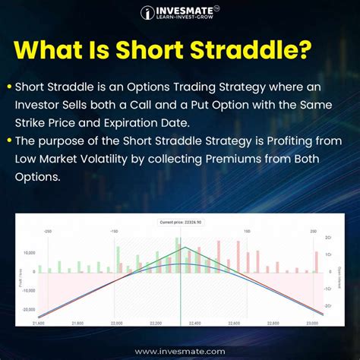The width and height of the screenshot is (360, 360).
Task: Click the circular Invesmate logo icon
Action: pyautogui.click(x=148, y=12)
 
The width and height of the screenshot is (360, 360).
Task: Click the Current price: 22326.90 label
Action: pyautogui.click(x=180, y=222)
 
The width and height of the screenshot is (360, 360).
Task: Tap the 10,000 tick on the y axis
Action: pyautogui.click(x=30, y=252)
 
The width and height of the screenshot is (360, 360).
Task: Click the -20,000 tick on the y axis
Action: pyautogui.click(x=29, y=309)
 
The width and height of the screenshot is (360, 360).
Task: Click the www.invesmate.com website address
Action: pyautogui.click(x=180, y=351)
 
